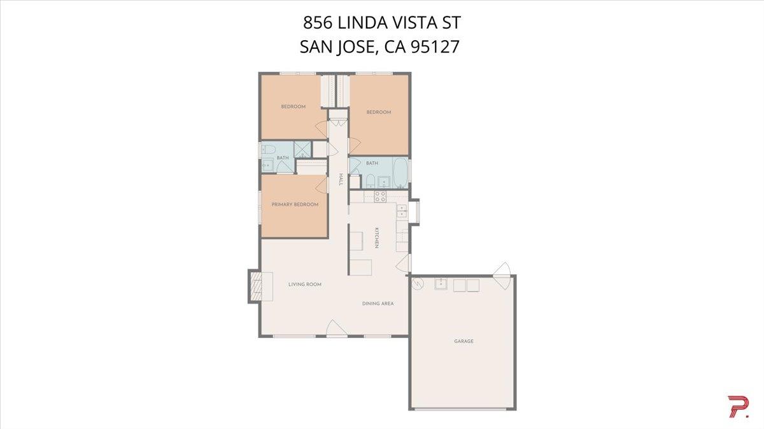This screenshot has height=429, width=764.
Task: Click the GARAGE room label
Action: (463, 341)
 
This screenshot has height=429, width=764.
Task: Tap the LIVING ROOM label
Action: (304, 285)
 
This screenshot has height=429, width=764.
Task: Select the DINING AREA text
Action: (378, 304)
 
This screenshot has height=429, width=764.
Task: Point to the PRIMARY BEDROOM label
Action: (295, 204)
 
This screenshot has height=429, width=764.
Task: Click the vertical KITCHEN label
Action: (377, 237)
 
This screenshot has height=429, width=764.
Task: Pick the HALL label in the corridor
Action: (341, 180)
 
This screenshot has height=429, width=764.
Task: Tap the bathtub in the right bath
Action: (400, 172)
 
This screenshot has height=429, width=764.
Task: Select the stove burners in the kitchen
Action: (380, 197)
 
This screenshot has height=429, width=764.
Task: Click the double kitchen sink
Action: (401, 211)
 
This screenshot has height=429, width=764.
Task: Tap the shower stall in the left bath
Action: (303, 150)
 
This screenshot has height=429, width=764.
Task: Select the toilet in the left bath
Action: (268, 150)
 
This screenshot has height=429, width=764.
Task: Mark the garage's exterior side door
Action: (502, 269)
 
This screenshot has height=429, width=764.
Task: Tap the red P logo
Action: (738, 407)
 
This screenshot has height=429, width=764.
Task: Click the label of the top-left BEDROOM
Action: (294, 106)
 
